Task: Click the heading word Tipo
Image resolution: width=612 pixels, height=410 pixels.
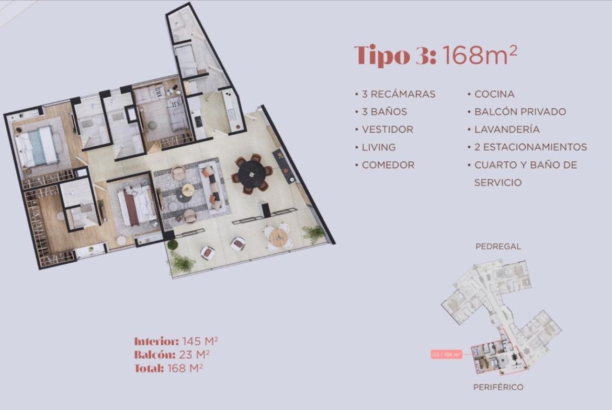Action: coord(382,56)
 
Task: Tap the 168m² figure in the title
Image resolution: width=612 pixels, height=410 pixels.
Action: coord(480,54)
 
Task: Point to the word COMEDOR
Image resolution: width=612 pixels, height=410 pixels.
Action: coord(388,165)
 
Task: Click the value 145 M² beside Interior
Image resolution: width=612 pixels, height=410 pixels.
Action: coord(200,341)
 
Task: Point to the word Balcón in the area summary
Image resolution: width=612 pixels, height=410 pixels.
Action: coord(154,355)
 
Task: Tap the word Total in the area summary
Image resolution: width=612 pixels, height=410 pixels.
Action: coord(149,368)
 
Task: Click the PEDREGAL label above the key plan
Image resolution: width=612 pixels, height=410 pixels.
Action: coord(498,247)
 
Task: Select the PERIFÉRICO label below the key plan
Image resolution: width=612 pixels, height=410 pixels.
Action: coord(498,387)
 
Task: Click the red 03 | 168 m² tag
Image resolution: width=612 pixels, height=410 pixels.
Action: coord(447,355)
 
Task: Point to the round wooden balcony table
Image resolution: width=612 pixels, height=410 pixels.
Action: coord(278,237)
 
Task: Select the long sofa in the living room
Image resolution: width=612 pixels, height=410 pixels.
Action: coord(211,188)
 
